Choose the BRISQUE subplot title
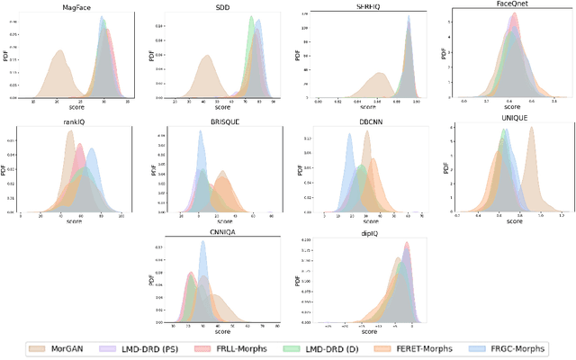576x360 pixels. click(x=223, y=129)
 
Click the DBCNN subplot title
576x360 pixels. click(x=370, y=129)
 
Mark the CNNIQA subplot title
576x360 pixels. click(x=223, y=233)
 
